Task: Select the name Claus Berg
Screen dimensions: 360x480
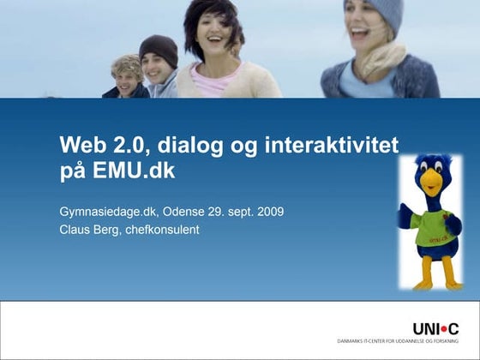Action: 88,229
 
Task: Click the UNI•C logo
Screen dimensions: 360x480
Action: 435,328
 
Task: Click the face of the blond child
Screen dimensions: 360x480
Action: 129,78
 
